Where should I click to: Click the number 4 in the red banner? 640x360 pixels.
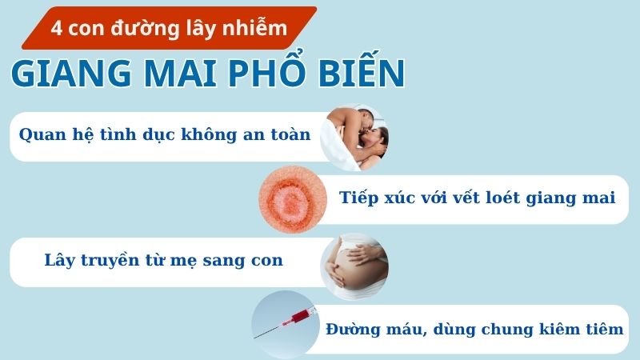click(x=56, y=29)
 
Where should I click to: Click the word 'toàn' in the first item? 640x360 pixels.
click(x=286, y=134)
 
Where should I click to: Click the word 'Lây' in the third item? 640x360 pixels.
click(x=61, y=261)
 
